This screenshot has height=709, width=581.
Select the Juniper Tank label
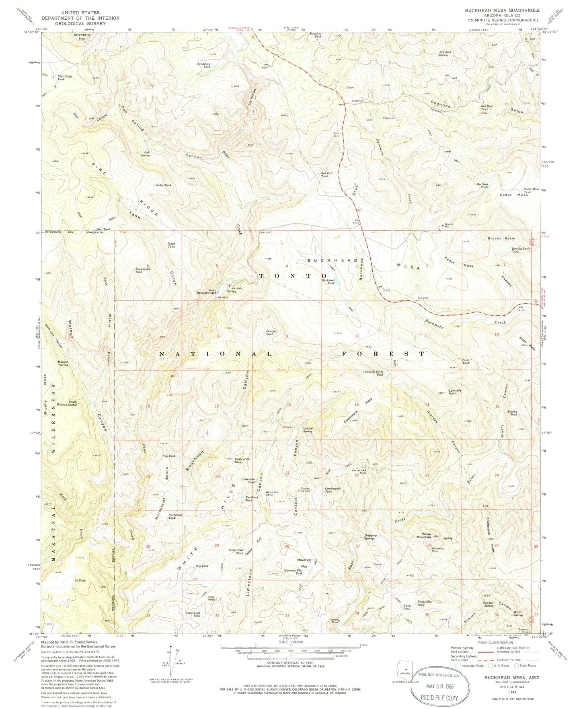(x=270, y=332)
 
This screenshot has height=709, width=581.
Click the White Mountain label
(x=421, y=535)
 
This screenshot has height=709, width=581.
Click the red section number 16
(x=288, y=405)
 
